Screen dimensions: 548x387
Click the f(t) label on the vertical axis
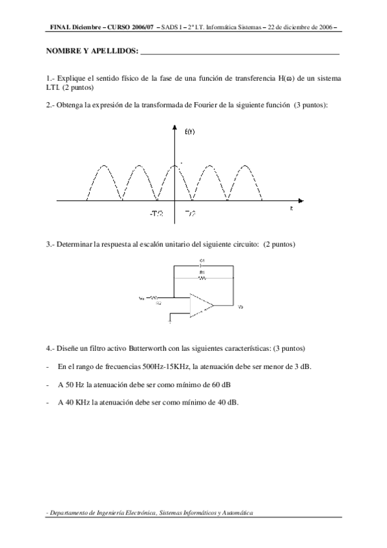coord(190,132)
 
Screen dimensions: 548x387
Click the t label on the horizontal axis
coord(291,209)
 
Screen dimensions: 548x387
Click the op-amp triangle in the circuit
coord(202,306)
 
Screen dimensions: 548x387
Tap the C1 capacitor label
coord(202,260)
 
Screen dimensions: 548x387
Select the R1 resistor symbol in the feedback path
coord(202,278)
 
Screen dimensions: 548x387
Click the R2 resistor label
coord(158,302)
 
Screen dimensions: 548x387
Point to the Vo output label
coord(240,306)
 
